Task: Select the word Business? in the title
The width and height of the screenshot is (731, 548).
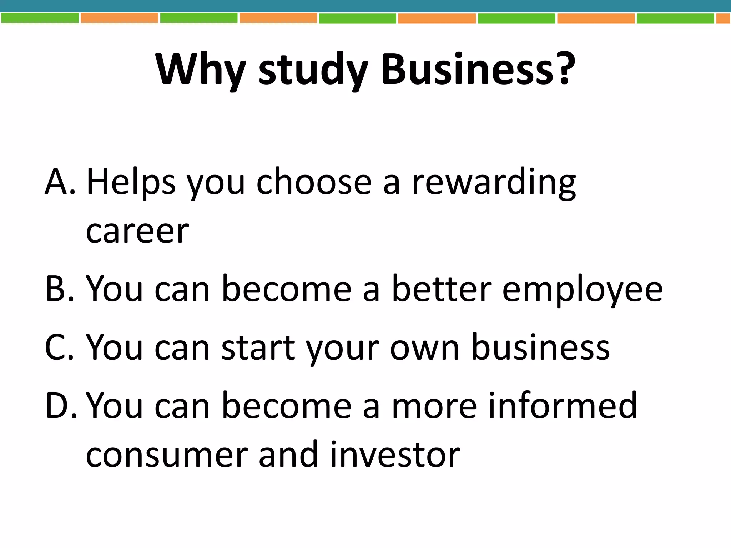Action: [478, 70]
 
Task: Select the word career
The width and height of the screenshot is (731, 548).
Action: [137, 232]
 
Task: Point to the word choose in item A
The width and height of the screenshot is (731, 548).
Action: [314, 183]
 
